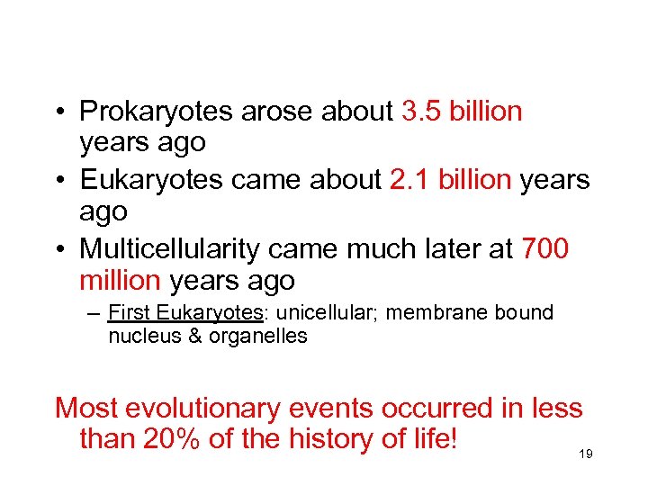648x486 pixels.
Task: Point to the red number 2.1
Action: point(411,180)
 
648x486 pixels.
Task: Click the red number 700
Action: point(544,248)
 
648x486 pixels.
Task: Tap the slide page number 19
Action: point(586,455)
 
